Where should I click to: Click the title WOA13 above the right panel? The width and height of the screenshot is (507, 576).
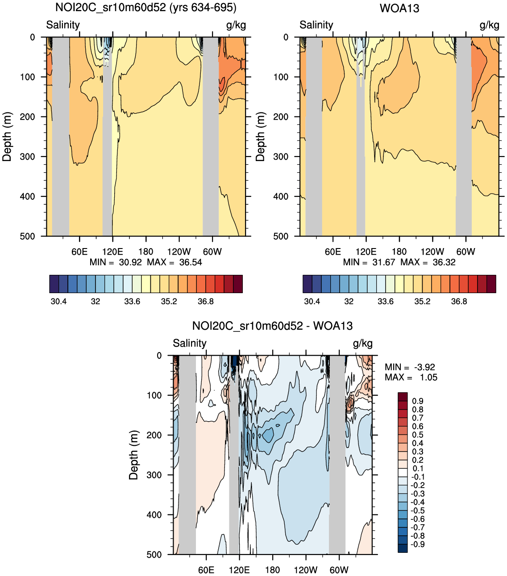399,8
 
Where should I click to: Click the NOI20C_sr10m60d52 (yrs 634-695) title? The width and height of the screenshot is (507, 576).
146,8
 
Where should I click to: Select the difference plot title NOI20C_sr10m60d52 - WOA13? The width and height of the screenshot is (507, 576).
272,326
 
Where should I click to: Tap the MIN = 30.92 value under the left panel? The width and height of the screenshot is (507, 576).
116,262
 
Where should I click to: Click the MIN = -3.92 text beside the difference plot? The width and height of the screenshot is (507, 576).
410,367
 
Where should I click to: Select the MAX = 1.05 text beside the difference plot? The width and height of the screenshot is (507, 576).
411,377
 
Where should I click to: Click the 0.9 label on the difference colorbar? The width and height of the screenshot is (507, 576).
418,401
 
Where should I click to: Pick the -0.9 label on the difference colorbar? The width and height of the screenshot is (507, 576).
417,544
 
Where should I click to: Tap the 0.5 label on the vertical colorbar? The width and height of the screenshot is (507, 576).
418,435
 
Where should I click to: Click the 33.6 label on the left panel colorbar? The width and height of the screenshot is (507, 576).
132,302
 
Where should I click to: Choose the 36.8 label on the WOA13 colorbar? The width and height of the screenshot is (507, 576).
459,302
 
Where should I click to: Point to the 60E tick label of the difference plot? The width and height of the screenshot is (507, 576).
206,570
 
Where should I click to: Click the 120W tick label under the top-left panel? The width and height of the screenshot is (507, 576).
179,252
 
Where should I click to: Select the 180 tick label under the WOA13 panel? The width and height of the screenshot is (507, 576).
399,252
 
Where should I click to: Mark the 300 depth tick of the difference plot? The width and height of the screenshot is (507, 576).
154,475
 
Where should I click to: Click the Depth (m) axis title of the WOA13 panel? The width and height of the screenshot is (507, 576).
261,137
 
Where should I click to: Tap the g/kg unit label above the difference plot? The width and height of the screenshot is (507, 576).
362,343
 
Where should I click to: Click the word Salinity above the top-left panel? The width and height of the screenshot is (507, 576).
63,25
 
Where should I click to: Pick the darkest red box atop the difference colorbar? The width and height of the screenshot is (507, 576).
403,397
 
